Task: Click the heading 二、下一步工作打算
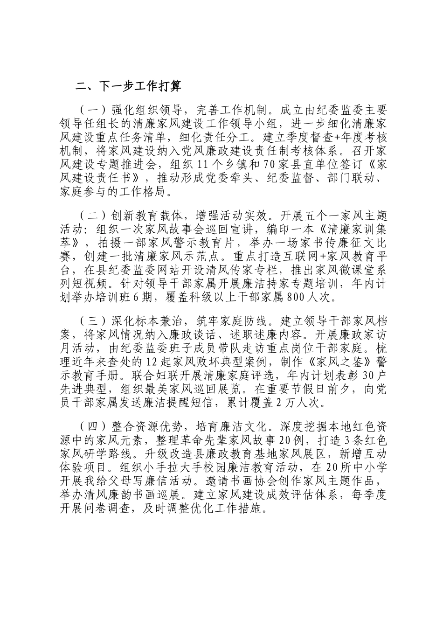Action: coord(128,87)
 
